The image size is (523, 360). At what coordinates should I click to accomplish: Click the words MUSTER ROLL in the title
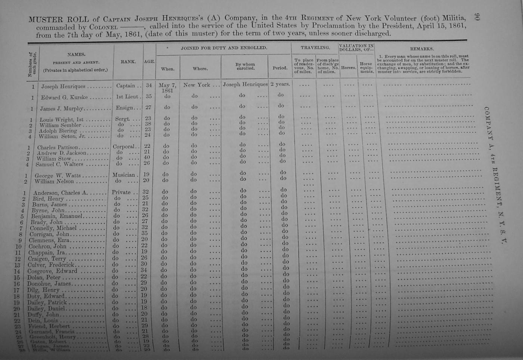click(x=59, y=19)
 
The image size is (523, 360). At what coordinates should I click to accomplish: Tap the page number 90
click(x=477, y=17)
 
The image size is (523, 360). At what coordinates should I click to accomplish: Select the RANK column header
click(x=128, y=62)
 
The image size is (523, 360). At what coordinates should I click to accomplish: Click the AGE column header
click(x=149, y=62)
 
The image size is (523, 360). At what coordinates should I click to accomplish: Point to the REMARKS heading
click(x=422, y=49)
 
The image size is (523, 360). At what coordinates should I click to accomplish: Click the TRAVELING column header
click(x=315, y=48)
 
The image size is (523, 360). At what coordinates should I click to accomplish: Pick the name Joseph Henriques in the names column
click(x=63, y=86)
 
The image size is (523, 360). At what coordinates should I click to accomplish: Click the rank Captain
click(x=126, y=86)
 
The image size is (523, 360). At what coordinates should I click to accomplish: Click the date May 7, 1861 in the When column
click(x=167, y=87)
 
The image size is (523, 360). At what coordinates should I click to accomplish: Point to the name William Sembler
click(x=60, y=125)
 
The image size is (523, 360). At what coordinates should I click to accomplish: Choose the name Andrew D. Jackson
click(x=61, y=153)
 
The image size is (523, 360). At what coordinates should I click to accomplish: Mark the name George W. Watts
click(x=55, y=176)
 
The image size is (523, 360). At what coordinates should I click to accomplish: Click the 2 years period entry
click(x=280, y=84)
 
